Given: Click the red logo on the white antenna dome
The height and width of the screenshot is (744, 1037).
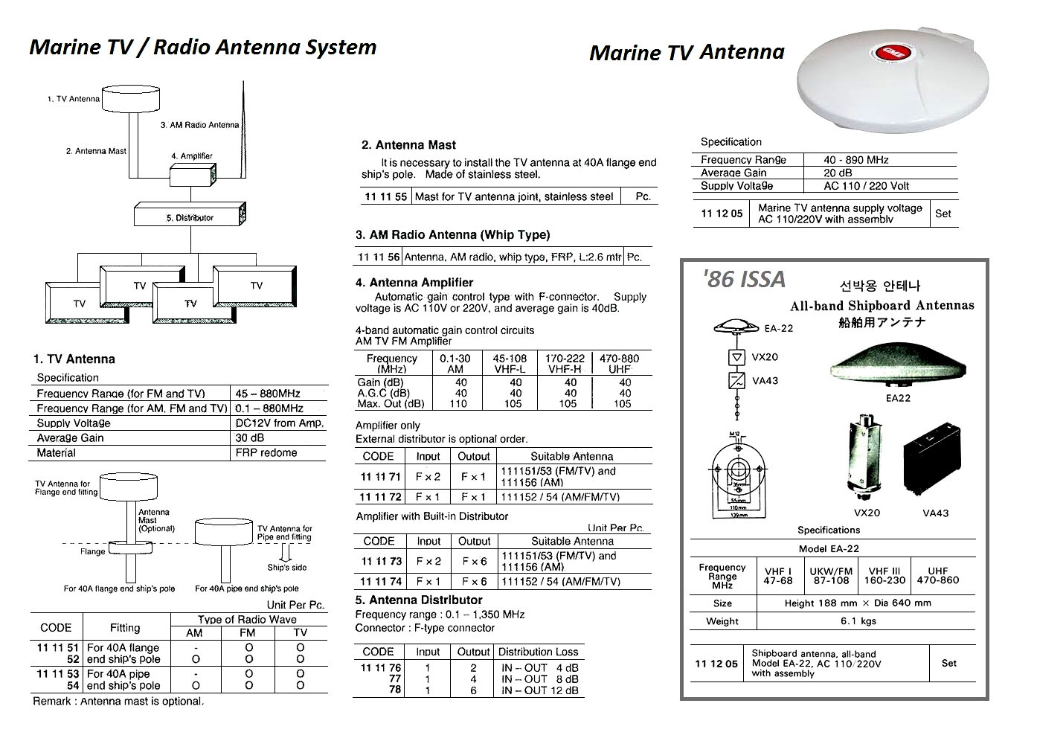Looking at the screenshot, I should (880, 52).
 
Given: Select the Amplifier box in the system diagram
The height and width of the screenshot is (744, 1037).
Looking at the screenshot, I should (191, 176).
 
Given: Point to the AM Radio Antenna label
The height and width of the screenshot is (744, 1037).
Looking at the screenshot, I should (199, 125).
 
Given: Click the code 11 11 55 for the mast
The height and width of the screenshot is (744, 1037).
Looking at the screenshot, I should (385, 196).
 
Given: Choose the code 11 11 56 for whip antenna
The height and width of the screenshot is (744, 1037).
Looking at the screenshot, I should (379, 257).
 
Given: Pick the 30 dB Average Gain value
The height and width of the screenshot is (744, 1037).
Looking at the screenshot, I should (250, 437).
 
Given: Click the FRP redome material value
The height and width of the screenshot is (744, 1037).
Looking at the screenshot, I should (266, 452).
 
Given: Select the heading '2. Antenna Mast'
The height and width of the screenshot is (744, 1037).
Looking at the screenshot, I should (408, 145).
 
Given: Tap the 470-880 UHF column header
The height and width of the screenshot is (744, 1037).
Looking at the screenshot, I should (619, 363).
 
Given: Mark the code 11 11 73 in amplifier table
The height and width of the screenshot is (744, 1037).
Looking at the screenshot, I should (381, 561).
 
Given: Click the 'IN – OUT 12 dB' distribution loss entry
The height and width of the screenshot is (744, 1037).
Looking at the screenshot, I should (539, 690).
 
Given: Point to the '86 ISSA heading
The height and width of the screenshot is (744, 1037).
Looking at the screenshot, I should (743, 279).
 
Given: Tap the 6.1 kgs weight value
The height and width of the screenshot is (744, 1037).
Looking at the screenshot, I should (858, 621).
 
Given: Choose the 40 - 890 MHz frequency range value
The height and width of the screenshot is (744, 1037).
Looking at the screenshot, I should (855, 159).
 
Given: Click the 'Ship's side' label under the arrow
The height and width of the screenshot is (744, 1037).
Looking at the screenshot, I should (286, 568).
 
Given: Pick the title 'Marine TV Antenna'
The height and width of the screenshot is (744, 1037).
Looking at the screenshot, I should (686, 52).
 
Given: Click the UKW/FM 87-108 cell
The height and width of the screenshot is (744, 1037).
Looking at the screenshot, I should (830, 576).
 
